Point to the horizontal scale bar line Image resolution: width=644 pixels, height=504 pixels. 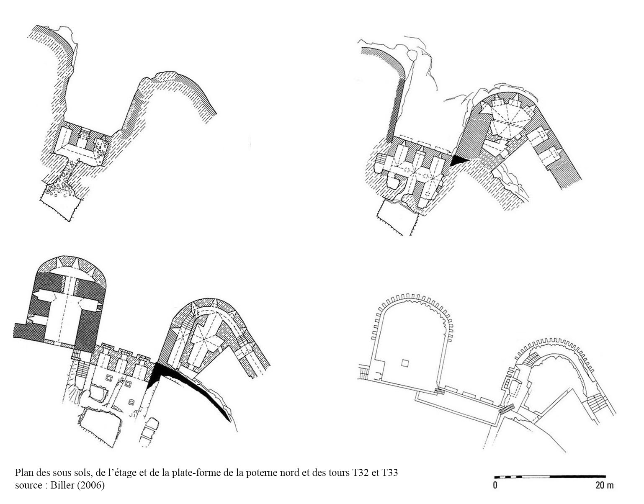(550, 477)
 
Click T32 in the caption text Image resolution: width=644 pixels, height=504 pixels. (360, 472)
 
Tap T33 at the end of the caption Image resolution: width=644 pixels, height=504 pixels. (389, 472)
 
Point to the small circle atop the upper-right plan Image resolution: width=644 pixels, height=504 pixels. (412, 55)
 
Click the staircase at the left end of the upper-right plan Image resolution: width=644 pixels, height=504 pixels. (381, 162)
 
